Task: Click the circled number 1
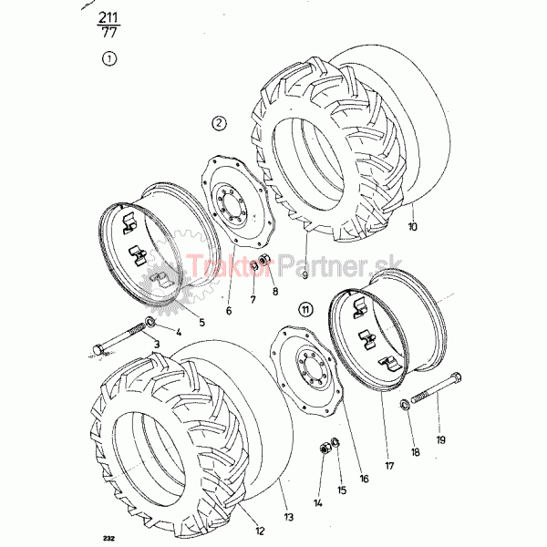click(x=109, y=58)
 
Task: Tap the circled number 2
click(x=219, y=123)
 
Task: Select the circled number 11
click(x=305, y=309)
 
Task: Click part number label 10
click(x=412, y=227)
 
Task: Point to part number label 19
click(x=441, y=440)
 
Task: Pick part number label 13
click(x=289, y=517)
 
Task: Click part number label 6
click(x=229, y=311)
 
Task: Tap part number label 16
click(x=364, y=479)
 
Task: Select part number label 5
click(x=202, y=323)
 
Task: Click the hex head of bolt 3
click(x=98, y=349)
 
